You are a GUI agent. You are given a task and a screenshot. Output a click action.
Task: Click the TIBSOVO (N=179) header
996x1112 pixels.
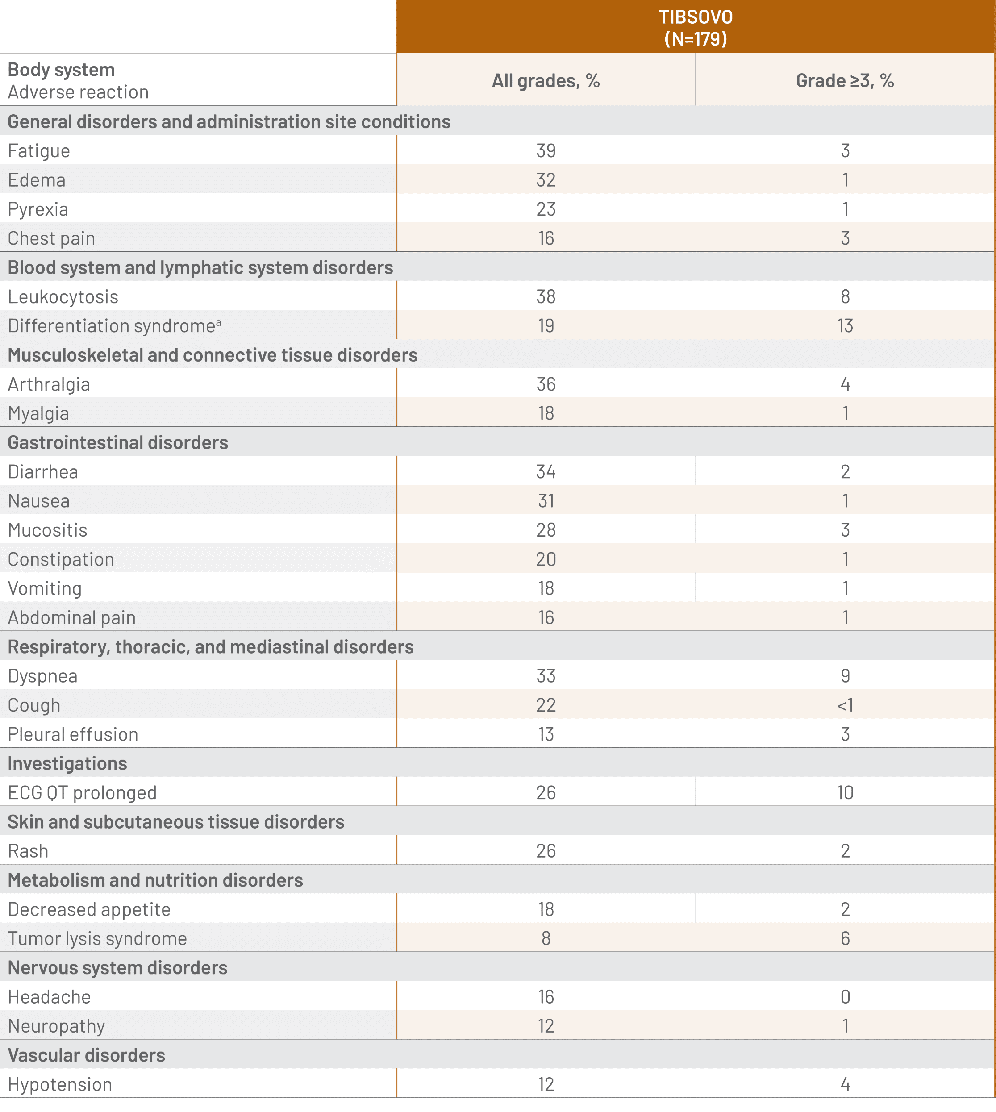pyautogui.click(x=695, y=27)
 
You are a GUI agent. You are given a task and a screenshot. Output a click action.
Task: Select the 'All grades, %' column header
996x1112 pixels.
pyautogui.click(x=546, y=81)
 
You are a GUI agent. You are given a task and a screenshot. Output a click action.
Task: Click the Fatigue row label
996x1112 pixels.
pyautogui.click(x=39, y=150)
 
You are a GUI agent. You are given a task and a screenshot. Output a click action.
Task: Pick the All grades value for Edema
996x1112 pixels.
pyautogui.click(x=546, y=180)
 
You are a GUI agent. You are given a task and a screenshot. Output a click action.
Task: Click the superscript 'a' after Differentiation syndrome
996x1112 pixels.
pyautogui.click(x=218, y=323)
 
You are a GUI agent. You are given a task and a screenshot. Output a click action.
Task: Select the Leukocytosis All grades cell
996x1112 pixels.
pyautogui.click(x=546, y=296)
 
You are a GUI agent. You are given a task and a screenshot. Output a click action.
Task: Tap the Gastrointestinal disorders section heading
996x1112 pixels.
pyautogui.click(x=118, y=442)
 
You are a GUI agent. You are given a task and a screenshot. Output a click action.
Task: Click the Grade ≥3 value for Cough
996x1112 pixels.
pyautogui.click(x=845, y=705)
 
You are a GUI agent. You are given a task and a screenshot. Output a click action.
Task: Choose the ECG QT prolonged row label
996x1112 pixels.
pyautogui.click(x=82, y=792)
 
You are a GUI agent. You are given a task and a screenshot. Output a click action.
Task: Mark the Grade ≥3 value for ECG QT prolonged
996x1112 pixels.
pyautogui.click(x=845, y=792)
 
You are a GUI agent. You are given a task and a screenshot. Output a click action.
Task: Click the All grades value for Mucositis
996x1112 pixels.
pyautogui.click(x=546, y=530)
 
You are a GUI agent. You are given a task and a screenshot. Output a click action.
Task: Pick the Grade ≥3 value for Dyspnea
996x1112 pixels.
pyautogui.click(x=845, y=676)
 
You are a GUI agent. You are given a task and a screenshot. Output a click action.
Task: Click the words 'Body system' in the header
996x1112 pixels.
pyautogui.click(x=61, y=70)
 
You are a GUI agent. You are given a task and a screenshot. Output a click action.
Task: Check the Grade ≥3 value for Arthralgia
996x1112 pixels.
pyautogui.click(x=845, y=384)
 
